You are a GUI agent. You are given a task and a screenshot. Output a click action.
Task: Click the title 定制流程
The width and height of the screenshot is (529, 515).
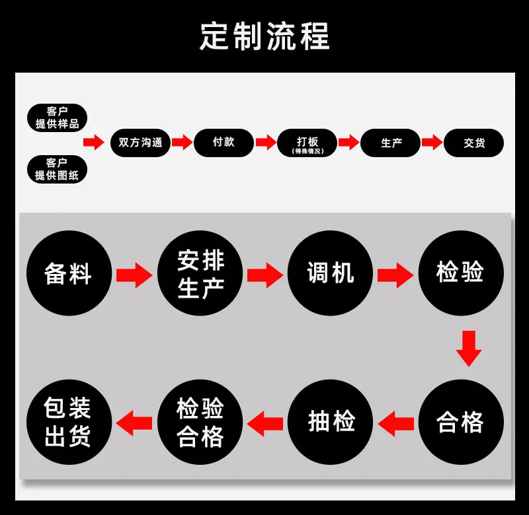(x=264, y=36)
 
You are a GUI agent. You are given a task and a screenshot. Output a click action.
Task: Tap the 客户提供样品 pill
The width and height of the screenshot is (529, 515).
(x=57, y=118)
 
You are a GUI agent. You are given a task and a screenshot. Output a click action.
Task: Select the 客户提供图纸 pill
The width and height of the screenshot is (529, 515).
(x=57, y=169)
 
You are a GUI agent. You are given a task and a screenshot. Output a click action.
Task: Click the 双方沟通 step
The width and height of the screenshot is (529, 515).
(x=140, y=143)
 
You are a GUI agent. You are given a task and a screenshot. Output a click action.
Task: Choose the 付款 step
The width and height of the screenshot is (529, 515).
(x=224, y=143)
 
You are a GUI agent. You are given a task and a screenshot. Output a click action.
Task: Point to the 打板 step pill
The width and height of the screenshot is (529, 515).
(x=307, y=143)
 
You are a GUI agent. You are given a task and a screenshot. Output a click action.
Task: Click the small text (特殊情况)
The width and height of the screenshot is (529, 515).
(x=307, y=151)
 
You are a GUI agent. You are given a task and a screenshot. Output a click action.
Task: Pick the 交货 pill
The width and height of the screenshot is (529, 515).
(x=473, y=143)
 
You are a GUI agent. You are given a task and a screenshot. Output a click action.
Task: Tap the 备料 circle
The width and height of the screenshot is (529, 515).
(x=69, y=273)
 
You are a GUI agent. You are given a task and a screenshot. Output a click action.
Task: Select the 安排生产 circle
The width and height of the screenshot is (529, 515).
(x=200, y=273)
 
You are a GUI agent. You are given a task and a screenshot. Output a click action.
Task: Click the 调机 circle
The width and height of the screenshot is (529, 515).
(x=330, y=273)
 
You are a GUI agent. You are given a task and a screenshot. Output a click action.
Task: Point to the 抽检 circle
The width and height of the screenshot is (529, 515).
(x=330, y=422)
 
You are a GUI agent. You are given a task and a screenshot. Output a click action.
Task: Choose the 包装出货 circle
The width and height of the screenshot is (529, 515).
(x=69, y=422)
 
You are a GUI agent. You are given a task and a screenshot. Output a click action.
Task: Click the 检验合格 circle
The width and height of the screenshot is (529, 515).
(x=200, y=422)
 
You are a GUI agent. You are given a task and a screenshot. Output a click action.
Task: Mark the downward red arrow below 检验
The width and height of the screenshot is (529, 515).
(x=469, y=349)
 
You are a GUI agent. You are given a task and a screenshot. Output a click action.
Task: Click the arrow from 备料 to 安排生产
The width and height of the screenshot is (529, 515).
(x=134, y=275)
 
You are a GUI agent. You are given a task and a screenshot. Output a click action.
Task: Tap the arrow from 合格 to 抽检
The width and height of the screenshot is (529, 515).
(x=395, y=423)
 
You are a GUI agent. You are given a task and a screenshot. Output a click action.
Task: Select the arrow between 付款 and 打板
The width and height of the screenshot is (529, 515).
(x=266, y=142)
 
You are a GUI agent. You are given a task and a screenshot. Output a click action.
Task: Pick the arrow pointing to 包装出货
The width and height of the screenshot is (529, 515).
(x=134, y=423)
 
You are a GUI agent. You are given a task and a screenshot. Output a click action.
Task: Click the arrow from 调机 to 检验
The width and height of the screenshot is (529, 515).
(x=395, y=275)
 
